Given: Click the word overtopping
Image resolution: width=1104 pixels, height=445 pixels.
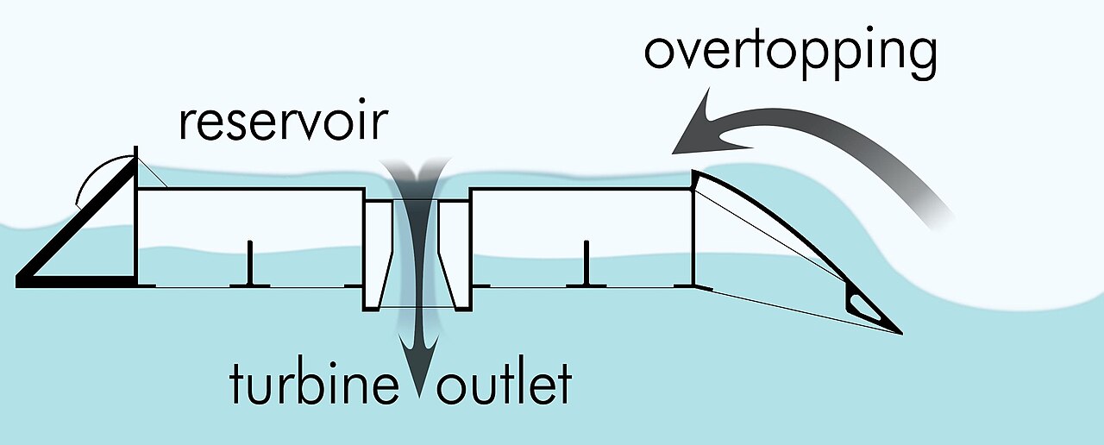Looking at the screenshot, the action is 791,53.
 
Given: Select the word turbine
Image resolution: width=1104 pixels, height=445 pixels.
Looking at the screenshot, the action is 314,383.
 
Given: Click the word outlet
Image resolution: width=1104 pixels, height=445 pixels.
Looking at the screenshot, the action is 504,383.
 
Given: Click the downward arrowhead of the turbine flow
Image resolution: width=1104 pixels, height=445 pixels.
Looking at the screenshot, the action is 419,365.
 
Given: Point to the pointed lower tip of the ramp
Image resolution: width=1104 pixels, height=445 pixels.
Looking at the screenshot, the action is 902,334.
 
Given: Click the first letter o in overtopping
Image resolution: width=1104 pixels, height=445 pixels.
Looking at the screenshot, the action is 660,53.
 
